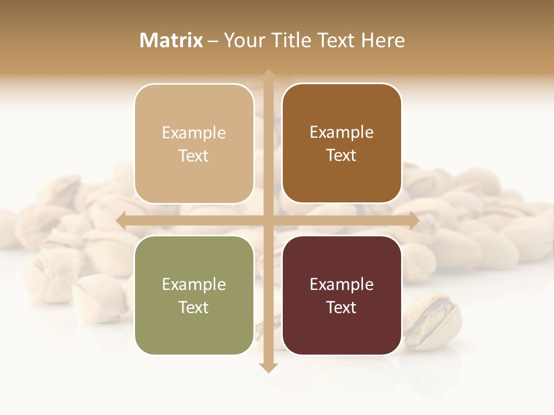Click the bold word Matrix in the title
(x=171, y=40)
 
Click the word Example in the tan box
(x=194, y=133)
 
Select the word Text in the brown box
(x=342, y=156)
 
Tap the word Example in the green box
(x=194, y=285)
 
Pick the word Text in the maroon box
(x=342, y=308)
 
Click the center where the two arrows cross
(x=268, y=220)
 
